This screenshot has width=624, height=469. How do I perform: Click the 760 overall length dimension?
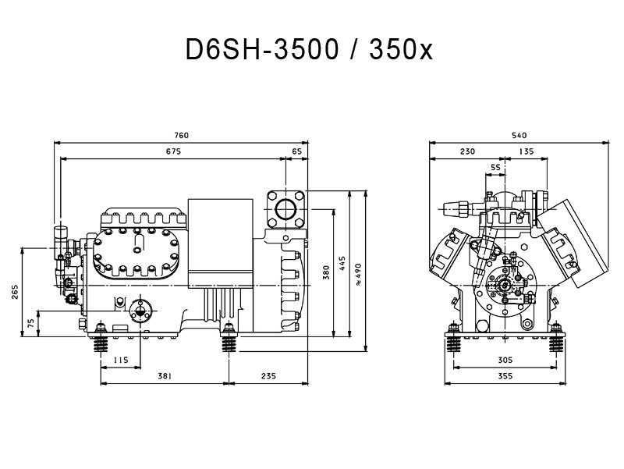[x=182, y=135]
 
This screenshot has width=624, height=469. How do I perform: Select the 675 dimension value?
[x=172, y=151]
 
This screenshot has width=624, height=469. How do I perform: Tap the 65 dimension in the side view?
[x=296, y=151]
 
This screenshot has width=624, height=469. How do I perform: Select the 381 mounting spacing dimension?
[x=164, y=376]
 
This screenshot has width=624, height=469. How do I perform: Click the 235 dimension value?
[x=268, y=376]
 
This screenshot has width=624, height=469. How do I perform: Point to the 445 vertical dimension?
[x=342, y=264]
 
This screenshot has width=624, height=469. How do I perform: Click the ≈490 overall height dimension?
[x=359, y=270]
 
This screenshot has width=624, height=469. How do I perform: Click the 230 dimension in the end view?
[x=467, y=151]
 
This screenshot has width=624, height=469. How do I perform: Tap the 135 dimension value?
[x=526, y=151]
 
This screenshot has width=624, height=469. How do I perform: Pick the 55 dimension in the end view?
[x=496, y=167]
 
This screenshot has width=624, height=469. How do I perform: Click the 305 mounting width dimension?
[x=505, y=360]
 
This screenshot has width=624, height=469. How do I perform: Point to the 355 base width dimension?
[x=505, y=376]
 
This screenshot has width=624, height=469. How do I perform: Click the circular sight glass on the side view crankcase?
[x=141, y=310]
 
